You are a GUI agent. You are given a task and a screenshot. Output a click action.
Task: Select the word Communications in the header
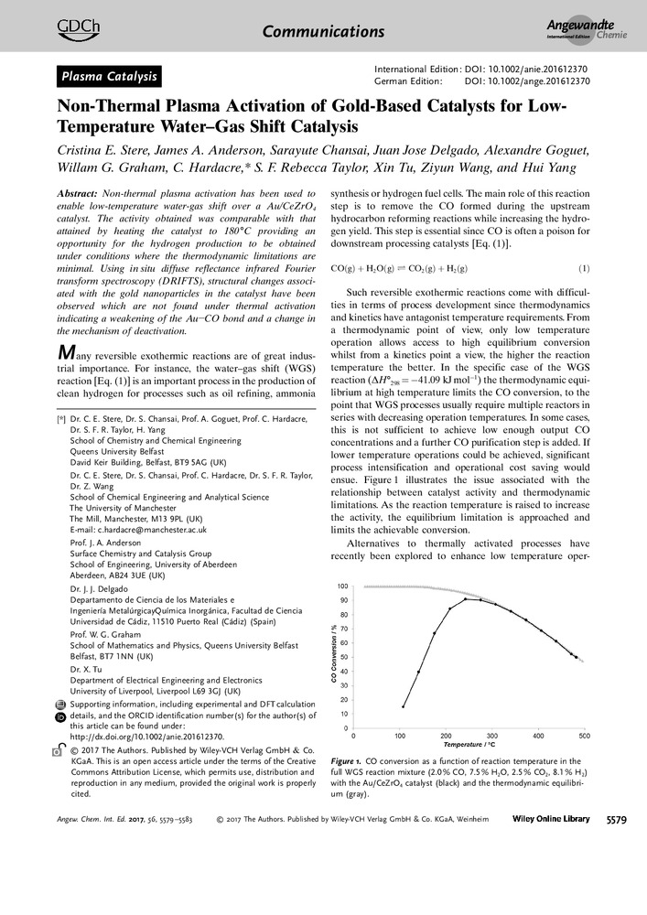323,32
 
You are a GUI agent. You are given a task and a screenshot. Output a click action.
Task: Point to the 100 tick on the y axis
342,587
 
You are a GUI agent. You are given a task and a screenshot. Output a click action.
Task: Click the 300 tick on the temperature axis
491,735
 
